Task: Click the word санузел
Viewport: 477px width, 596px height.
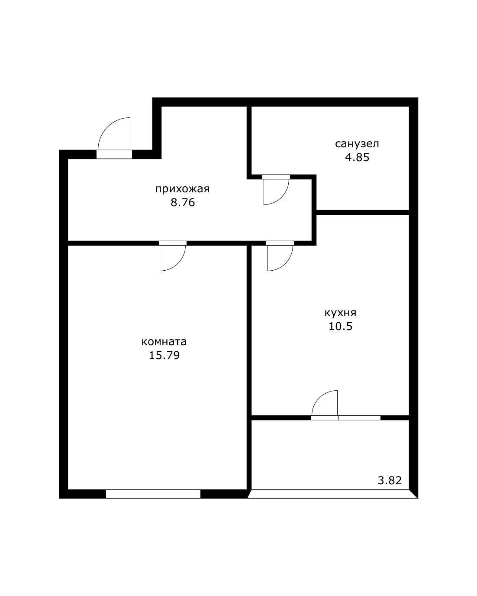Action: coord(357,144)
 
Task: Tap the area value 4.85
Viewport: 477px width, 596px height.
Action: coord(357,158)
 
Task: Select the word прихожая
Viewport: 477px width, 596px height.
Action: coord(182,189)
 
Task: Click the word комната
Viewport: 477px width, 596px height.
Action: coord(164,342)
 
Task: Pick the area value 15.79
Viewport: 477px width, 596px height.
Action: coord(164,355)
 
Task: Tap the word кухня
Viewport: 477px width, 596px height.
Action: coord(340,313)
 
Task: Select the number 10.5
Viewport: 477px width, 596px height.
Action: coord(340,327)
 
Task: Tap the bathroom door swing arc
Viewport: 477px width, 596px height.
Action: coord(283,198)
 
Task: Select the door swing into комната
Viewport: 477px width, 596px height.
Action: coord(179,263)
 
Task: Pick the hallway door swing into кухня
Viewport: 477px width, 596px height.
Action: coord(286,263)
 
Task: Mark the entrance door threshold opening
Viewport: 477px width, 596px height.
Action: coord(114,154)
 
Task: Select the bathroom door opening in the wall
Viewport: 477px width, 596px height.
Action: coord(276,177)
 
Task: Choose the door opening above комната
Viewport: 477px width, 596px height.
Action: coord(172,243)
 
